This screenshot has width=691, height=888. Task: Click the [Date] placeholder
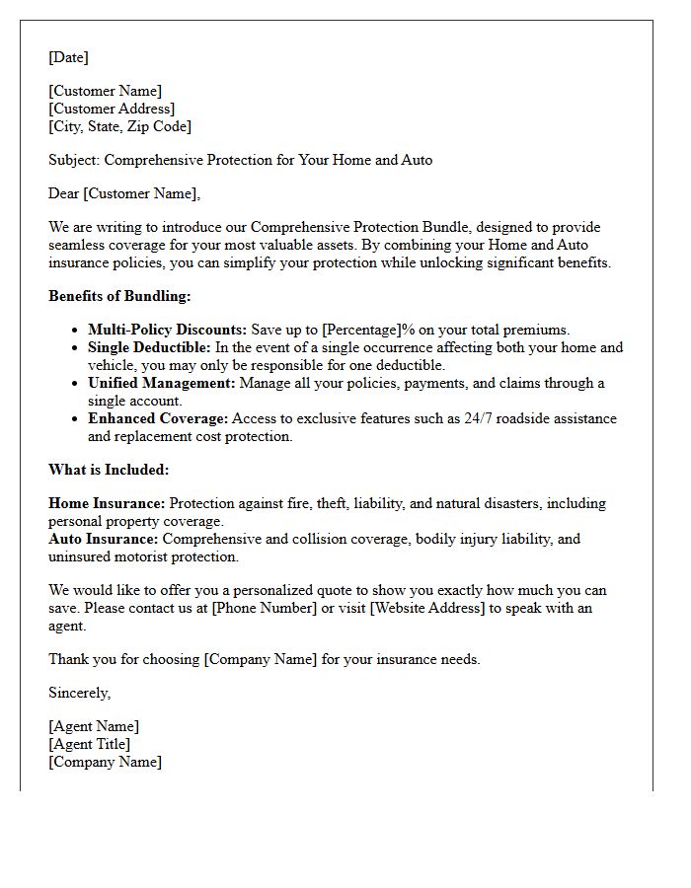(x=68, y=57)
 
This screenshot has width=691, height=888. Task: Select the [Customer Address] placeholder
(x=112, y=109)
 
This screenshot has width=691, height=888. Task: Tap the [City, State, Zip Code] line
(x=119, y=126)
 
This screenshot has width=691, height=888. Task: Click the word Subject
(x=74, y=160)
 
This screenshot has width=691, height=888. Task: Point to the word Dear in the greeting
(x=64, y=193)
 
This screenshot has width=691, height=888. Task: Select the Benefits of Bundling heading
(x=119, y=296)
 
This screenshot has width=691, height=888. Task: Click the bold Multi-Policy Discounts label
(x=167, y=330)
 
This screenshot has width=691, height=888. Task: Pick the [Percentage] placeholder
(x=361, y=330)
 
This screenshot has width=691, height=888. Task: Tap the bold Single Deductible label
(x=149, y=347)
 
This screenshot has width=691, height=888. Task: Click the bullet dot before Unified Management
(x=76, y=383)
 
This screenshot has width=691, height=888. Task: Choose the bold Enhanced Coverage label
(x=158, y=418)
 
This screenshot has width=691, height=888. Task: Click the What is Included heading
(x=109, y=470)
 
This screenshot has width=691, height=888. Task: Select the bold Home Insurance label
(x=107, y=503)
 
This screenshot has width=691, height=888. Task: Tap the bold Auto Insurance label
(x=103, y=539)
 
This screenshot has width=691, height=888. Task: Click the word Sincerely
(x=79, y=693)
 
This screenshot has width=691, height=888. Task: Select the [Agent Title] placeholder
(x=89, y=744)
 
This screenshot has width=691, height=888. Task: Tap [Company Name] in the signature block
(x=105, y=762)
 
